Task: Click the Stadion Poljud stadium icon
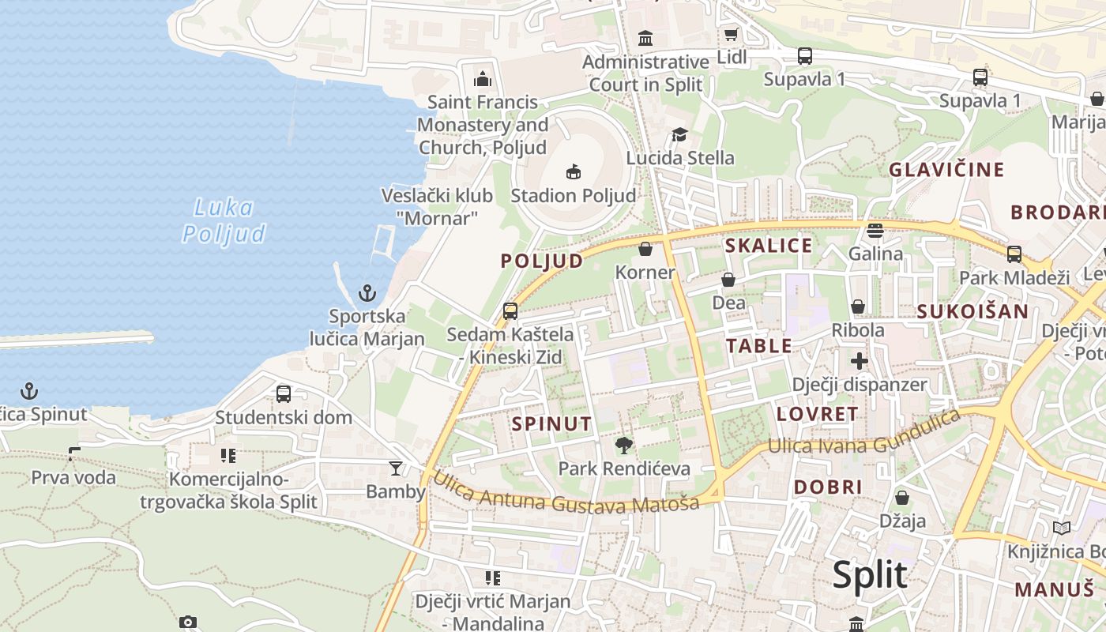click(x=574, y=171)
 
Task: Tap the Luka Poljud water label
click(x=224, y=221)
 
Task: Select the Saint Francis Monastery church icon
click(x=482, y=79)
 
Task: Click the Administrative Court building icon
click(x=645, y=38)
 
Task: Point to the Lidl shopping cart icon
click(x=731, y=35)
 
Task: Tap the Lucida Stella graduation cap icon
click(x=679, y=135)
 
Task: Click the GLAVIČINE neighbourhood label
click(x=946, y=170)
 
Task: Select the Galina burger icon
click(x=875, y=231)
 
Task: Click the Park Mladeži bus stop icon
click(x=1014, y=254)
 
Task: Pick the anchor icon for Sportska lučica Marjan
click(x=367, y=294)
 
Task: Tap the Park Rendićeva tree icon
click(x=624, y=446)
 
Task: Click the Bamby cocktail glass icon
click(x=395, y=468)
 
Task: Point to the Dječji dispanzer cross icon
click(x=860, y=362)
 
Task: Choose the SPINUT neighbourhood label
click(x=551, y=423)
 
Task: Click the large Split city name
click(x=870, y=575)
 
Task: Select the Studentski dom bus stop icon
click(x=284, y=393)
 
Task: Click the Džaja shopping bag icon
click(x=902, y=498)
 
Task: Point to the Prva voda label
click(x=73, y=477)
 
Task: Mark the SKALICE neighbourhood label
click(x=769, y=246)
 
